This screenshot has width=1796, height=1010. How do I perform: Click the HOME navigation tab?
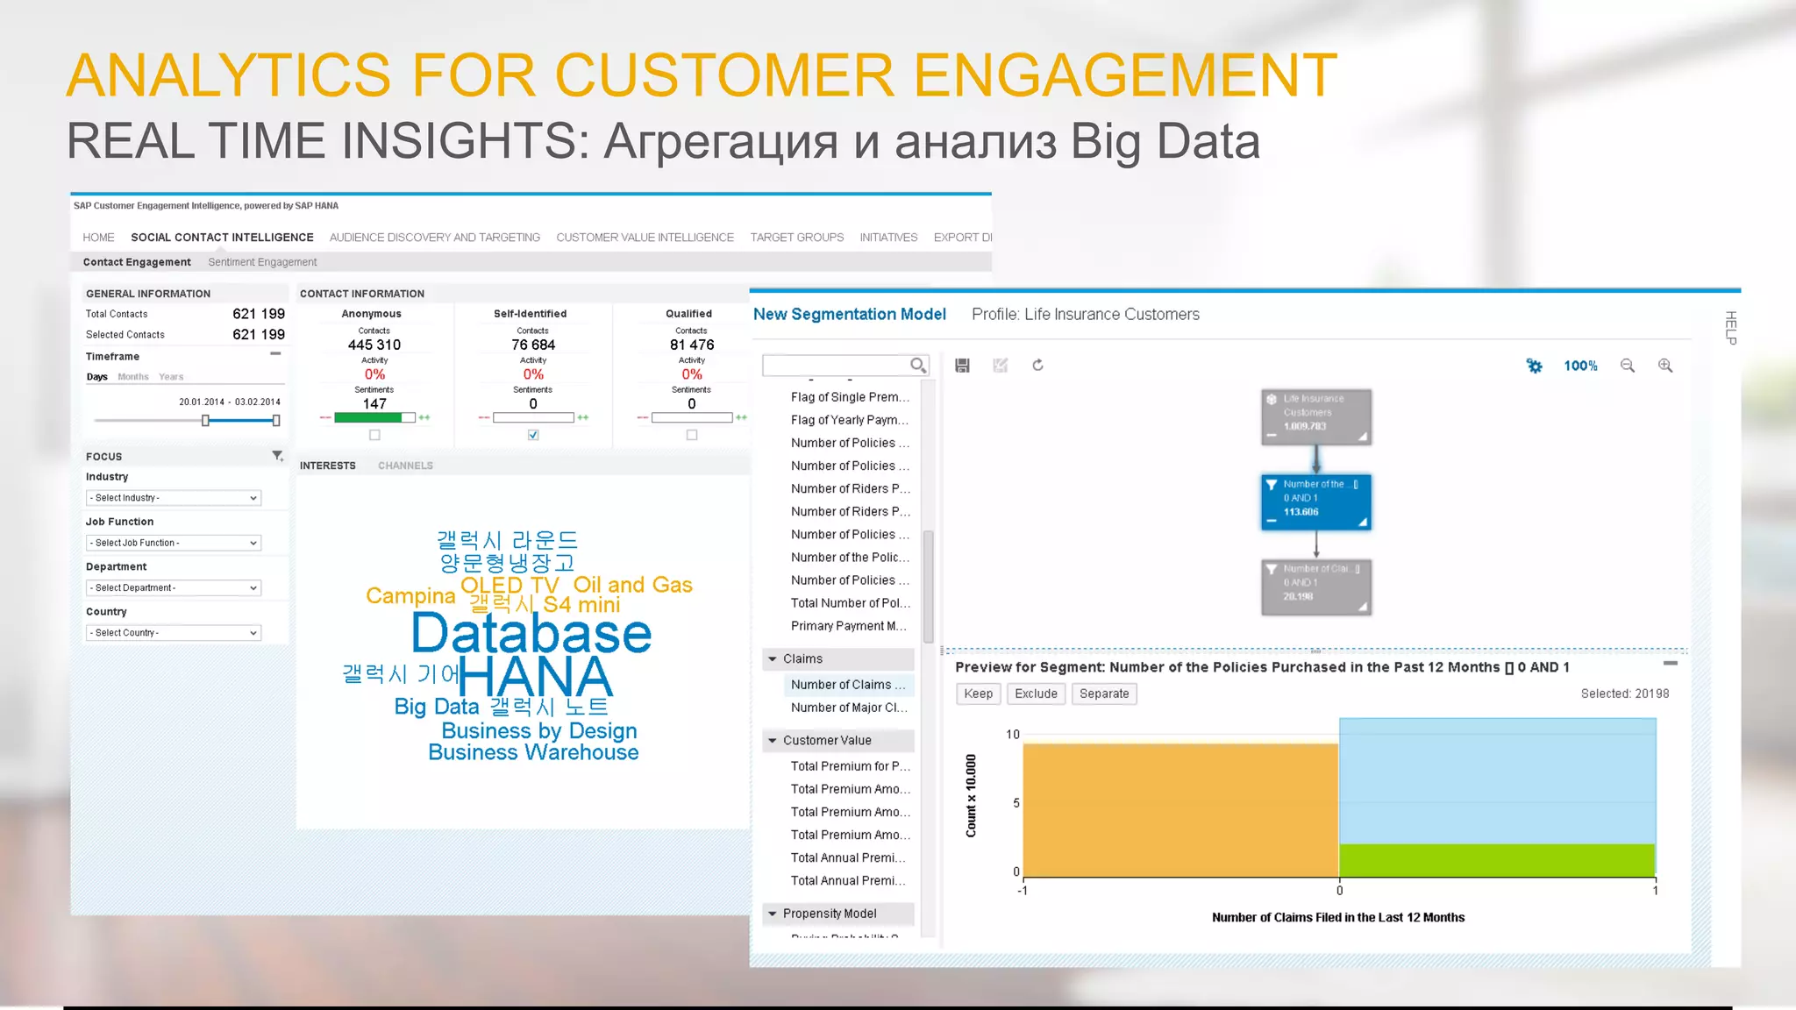(x=98, y=238)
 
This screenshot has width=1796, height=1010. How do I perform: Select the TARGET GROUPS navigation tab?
(x=796, y=238)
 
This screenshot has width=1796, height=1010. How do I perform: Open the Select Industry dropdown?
(x=173, y=498)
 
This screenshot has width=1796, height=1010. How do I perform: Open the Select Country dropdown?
(x=173, y=633)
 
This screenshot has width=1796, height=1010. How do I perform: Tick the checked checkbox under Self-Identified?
(x=533, y=435)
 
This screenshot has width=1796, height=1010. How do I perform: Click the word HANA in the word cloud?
(x=535, y=676)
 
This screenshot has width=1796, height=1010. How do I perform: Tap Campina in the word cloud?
(x=410, y=596)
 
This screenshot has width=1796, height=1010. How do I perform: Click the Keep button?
(x=978, y=693)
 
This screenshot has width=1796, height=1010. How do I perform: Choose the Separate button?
(x=1104, y=693)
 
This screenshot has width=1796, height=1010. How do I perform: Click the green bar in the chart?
(x=1497, y=860)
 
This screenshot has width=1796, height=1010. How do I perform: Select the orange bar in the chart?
(x=1180, y=809)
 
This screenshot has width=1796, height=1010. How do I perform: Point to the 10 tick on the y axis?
(x=1013, y=735)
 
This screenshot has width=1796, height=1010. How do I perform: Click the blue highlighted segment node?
(x=1315, y=501)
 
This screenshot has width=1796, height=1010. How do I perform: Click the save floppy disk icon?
(x=962, y=366)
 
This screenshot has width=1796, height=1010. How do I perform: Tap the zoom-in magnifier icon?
(x=1664, y=366)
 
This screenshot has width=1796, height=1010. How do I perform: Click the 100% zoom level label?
(x=1580, y=366)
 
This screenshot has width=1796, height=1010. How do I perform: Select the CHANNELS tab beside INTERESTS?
(x=405, y=466)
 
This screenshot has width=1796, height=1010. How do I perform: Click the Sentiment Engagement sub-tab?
(x=262, y=262)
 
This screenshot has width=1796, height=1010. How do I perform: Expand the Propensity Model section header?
(x=829, y=914)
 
